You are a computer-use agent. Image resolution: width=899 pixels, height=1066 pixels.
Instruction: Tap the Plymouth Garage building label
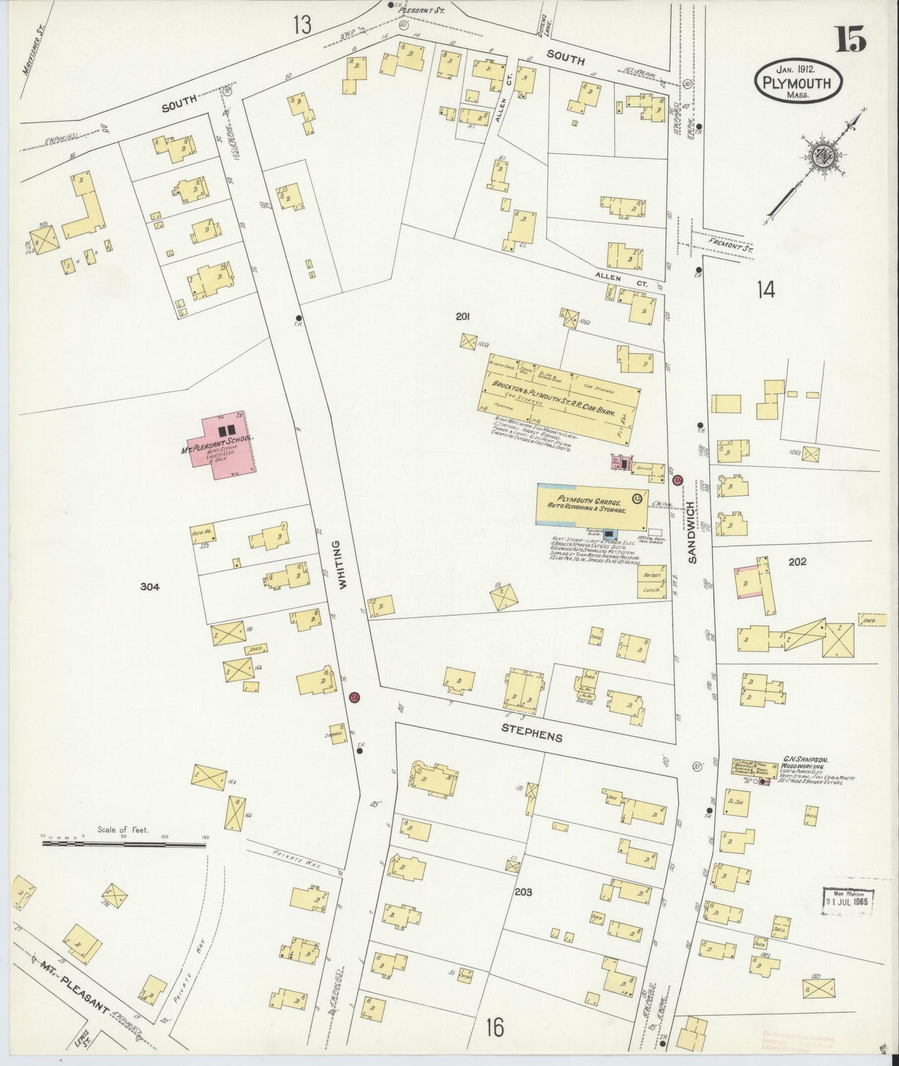pos(589,503)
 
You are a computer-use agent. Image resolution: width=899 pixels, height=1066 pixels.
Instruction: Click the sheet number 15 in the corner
pos(850,42)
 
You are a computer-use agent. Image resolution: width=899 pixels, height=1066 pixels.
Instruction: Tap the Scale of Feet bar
pos(124,845)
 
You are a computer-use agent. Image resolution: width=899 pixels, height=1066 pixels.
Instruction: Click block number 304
pos(151,586)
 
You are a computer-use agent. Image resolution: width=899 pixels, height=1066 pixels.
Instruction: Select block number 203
pos(523,891)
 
